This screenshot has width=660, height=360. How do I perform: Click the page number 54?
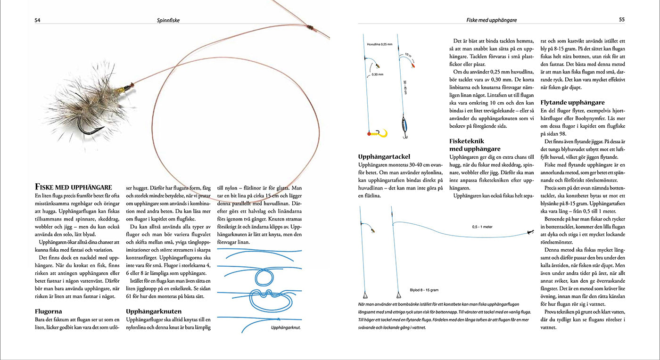click(37, 20)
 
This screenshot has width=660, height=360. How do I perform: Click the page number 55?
click(621, 20)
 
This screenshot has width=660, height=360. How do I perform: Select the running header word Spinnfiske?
click(168, 20)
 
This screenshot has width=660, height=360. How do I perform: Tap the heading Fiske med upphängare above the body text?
click(73, 187)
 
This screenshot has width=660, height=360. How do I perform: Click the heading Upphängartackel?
click(384, 156)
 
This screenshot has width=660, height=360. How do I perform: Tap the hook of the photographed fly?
click(88, 128)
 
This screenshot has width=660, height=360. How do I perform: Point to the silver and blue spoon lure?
click(404, 126)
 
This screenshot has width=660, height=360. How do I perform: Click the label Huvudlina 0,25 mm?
click(380, 44)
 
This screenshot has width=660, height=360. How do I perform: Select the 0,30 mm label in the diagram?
click(377, 74)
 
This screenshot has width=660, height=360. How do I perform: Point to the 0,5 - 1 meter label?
click(482, 226)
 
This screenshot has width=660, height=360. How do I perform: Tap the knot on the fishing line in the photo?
click(308, 27)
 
